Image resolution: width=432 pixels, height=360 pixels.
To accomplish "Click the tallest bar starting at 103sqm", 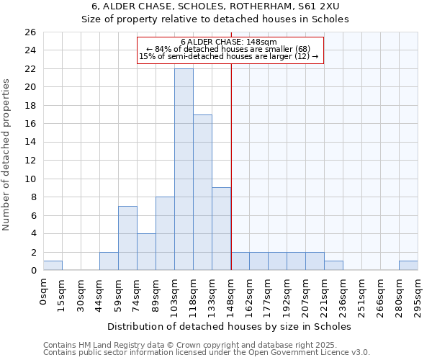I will coord(184,169).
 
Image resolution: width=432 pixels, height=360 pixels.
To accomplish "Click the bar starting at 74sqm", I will coord(146,251).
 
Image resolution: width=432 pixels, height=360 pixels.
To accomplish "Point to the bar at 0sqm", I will coord(53,265).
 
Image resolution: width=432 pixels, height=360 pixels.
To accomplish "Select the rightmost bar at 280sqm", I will coord(408,265).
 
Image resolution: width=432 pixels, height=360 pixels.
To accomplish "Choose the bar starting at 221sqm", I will coord(333,265).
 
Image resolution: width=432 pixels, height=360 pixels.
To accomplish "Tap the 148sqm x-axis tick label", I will coord(231,293).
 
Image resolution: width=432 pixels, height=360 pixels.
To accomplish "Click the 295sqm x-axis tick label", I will coord(418,293).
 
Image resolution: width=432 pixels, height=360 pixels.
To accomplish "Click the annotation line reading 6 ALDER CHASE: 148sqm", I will coord(230,42).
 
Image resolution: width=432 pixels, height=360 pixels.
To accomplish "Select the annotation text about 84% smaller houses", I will coord(230,49).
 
